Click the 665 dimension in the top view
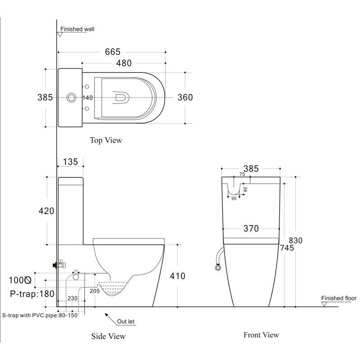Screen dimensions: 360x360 tap(112, 52)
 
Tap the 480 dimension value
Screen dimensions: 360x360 tap(124, 63)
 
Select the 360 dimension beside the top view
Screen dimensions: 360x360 tap(185, 97)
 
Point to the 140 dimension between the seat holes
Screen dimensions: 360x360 tap(88, 98)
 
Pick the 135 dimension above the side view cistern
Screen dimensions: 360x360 tap(71, 162)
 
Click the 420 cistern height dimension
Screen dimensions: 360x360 tap(46, 211)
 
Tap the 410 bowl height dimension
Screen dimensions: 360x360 tap(177, 276)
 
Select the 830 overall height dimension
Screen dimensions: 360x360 tap(296, 240)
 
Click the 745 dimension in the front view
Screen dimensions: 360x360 tap(287, 248)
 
